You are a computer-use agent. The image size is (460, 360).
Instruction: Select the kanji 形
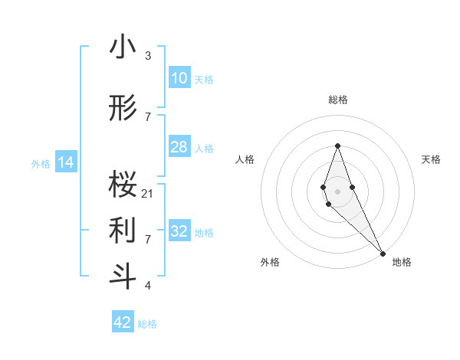tap(123, 109)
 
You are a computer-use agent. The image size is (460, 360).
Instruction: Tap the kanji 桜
tap(123, 185)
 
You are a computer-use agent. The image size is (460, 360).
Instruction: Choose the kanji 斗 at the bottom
tap(123, 276)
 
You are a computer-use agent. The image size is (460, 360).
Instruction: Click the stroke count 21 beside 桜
tap(148, 193)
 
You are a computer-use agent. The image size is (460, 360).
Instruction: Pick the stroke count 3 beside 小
tap(147, 56)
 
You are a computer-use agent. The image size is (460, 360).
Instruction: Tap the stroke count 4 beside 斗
tap(147, 286)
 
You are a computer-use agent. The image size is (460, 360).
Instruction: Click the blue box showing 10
tap(179, 78)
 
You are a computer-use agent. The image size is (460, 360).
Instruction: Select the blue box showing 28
tap(179, 147)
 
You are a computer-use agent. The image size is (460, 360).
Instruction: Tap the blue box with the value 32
tap(179, 231)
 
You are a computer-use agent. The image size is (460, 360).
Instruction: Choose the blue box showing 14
tap(65, 162)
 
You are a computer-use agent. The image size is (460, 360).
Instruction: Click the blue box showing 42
tap(123, 322)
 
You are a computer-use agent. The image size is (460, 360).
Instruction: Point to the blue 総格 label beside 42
tap(147, 324)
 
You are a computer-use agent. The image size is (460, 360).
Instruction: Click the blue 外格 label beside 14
tap(41, 163)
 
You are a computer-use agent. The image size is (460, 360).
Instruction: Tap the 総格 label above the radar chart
tap(337, 100)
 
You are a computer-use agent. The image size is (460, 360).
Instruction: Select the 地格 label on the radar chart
tap(402, 262)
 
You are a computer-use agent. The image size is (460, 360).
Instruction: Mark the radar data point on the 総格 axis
tap(337, 146)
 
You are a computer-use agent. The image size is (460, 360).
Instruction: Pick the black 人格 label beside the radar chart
tap(245, 159)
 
